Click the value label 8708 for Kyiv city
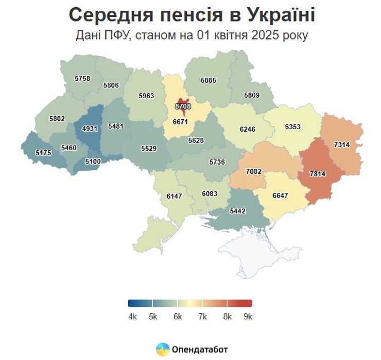(183, 106)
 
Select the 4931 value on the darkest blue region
(90, 129)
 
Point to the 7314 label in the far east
(341, 145)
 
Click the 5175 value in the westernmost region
(43, 153)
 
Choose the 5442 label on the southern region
(237, 211)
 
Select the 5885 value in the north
(209, 80)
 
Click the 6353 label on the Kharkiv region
(292, 127)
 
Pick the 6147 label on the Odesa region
(175, 196)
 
